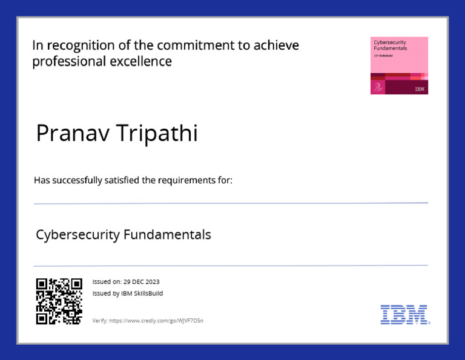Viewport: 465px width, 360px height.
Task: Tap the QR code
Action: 59,301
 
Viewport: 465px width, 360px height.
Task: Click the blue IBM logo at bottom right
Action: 404,314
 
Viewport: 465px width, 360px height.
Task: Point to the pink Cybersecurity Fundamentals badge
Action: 399,65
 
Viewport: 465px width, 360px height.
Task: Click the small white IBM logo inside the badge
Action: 420,89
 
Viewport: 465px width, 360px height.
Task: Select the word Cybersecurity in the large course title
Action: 77,234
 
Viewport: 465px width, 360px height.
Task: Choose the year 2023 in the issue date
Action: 152,282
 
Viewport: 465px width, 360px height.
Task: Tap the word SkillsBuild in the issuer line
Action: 149,293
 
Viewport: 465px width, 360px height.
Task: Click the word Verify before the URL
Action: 99,320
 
